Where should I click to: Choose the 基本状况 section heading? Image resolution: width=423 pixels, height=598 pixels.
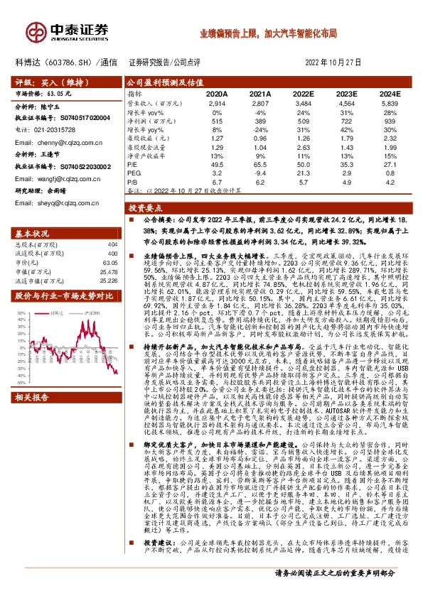tap(33, 234)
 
